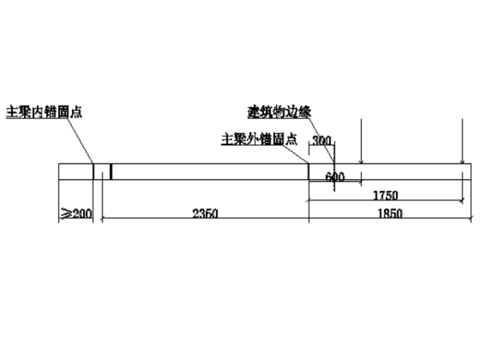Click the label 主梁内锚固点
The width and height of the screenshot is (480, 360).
[44, 112]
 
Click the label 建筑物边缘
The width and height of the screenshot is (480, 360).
[279, 112]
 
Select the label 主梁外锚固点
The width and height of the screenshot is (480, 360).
[259, 139]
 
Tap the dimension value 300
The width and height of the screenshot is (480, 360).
[321, 140]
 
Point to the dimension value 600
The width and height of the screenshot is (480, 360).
[335, 177]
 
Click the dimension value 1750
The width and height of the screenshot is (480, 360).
[385, 195]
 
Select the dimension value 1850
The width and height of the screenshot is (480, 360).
[390, 213]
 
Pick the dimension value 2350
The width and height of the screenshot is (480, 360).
[205, 213]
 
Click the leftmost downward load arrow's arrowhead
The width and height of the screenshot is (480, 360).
[361, 162]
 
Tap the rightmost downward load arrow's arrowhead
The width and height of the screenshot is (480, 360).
[462, 162]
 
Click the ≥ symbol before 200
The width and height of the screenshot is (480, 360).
[65, 213]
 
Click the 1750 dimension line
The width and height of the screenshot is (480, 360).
[417, 201]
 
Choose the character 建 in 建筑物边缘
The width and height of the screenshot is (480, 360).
[253, 112]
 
